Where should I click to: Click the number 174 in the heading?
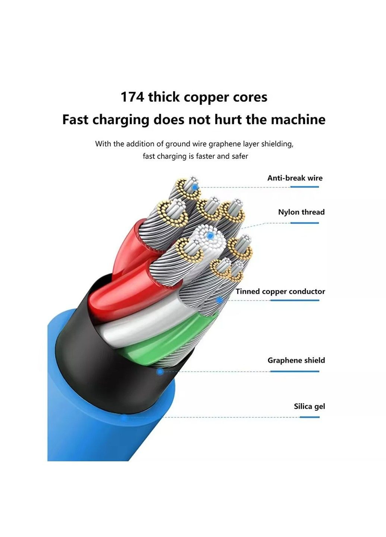(132, 97)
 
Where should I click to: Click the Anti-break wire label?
(295, 178)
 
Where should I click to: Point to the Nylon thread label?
(301, 212)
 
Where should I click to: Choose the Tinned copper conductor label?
(280, 292)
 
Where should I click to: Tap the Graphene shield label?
(296, 361)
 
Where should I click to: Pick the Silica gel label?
(309, 406)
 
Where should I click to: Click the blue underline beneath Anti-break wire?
(304, 187)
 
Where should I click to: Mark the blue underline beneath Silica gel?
(310, 417)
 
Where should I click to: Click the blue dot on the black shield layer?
(160, 372)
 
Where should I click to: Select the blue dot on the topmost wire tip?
(194, 187)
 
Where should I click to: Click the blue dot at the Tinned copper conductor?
(220, 299)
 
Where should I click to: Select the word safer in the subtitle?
(239, 156)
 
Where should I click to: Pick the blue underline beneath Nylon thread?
(304, 223)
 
